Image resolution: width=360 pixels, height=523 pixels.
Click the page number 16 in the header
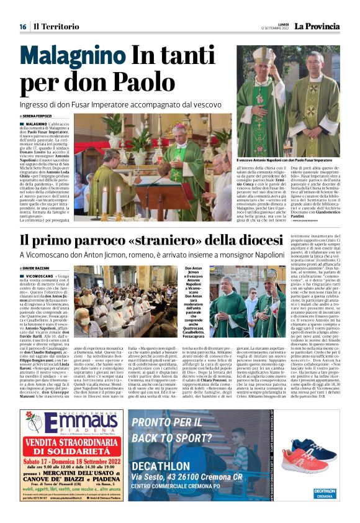coord(22,26)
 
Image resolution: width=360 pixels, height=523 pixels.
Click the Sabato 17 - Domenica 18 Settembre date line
coord(71,479)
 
